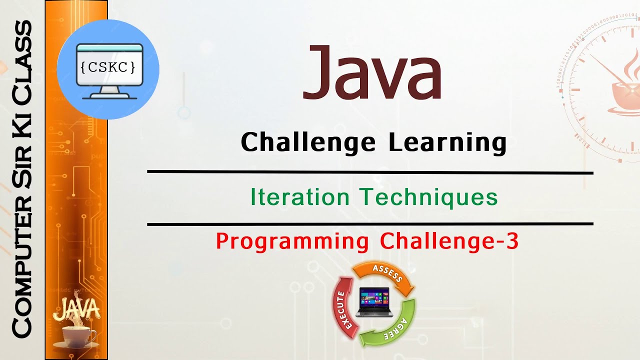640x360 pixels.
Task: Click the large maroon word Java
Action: coord(372,73)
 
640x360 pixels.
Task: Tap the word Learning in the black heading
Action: coord(447,142)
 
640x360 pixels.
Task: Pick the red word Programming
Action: coord(292,241)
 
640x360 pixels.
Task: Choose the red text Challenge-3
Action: coord(449,241)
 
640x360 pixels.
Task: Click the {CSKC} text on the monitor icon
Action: coord(108,67)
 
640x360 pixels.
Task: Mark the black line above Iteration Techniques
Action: coord(370,172)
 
